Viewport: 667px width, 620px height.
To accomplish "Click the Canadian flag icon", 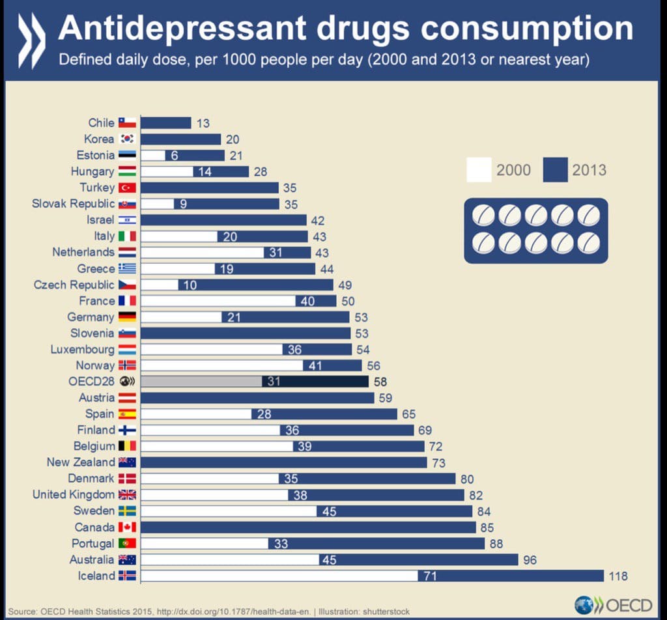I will pyautogui.click(x=126, y=527).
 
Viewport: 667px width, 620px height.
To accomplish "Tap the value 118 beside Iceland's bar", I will pyautogui.click(x=618, y=576).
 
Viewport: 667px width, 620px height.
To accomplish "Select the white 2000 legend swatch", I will pyautogui.click(x=479, y=171).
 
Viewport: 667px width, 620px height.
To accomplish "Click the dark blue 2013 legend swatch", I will pyautogui.click(x=554, y=171).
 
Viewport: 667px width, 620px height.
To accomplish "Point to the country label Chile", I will pyautogui.click(x=101, y=122).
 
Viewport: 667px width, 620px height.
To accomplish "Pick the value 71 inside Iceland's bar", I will pyautogui.click(x=431, y=576).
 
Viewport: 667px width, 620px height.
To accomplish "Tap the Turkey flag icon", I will pyautogui.click(x=126, y=188).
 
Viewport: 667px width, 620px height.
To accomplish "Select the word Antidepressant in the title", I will pyautogui.click(x=182, y=28).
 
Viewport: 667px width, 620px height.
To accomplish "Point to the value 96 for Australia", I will pyautogui.click(x=530, y=559).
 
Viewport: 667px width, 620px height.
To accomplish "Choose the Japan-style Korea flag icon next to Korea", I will pyautogui.click(x=126, y=139).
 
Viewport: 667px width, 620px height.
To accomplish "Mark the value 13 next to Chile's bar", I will pyautogui.click(x=203, y=123).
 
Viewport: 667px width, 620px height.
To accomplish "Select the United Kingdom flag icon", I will pyautogui.click(x=126, y=495).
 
